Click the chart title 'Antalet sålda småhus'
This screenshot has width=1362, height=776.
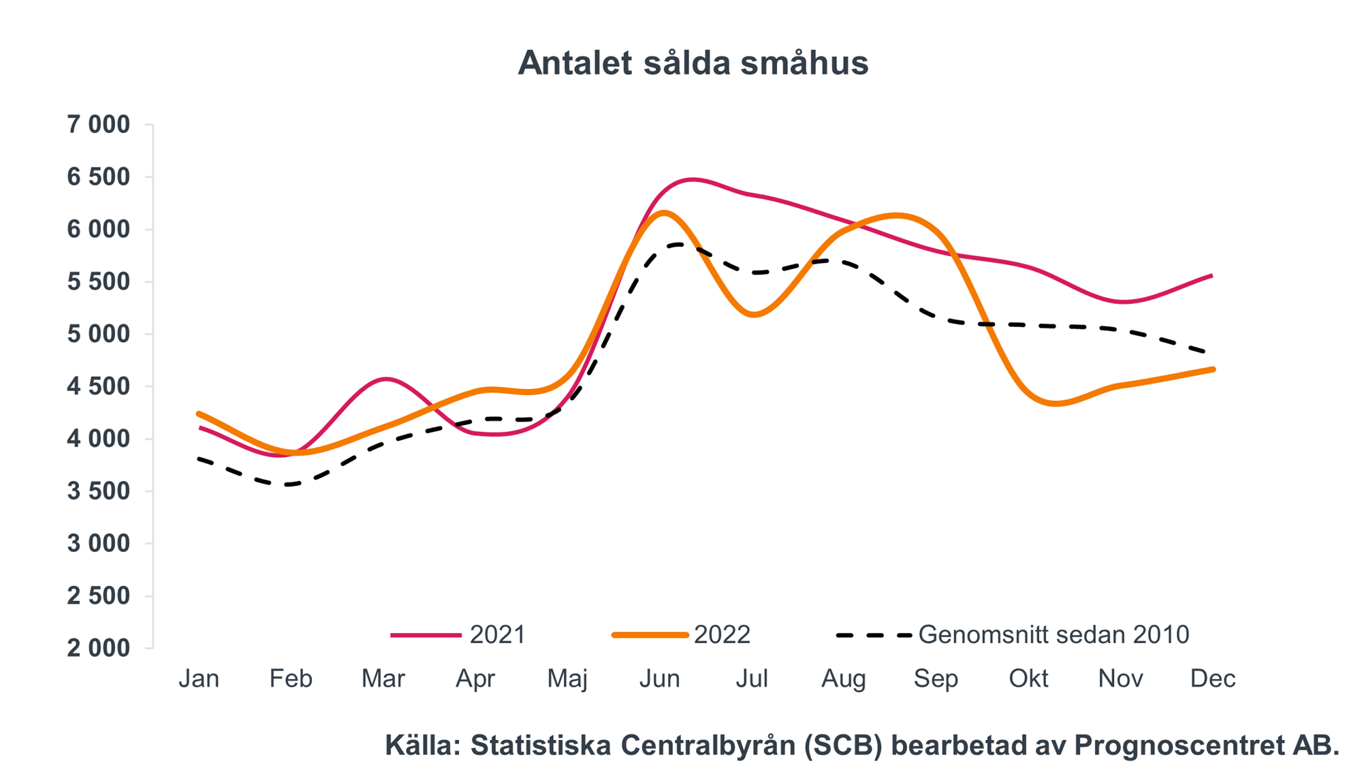click(693, 63)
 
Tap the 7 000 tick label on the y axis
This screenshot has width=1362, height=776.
click(98, 125)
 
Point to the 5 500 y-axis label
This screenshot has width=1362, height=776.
click(98, 281)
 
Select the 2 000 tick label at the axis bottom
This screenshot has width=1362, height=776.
click(98, 648)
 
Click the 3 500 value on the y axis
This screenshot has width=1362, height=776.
click(98, 491)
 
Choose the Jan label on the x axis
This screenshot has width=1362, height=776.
click(199, 679)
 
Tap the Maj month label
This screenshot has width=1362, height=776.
click(567, 679)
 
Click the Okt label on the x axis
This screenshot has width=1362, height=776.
click(1028, 679)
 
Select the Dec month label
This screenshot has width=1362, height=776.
click(1212, 679)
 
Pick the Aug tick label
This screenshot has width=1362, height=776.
click(844, 679)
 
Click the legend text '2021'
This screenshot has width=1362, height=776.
click(497, 635)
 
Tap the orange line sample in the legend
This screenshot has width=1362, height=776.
click(650, 635)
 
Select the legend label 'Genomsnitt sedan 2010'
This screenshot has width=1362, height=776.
click(1054, 635)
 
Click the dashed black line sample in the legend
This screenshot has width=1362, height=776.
click(874, 635)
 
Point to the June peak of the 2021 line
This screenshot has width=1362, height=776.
click(691, 180)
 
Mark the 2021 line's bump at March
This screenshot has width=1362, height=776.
click(385, 379)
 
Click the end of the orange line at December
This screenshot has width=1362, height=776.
click(1212, 369)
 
